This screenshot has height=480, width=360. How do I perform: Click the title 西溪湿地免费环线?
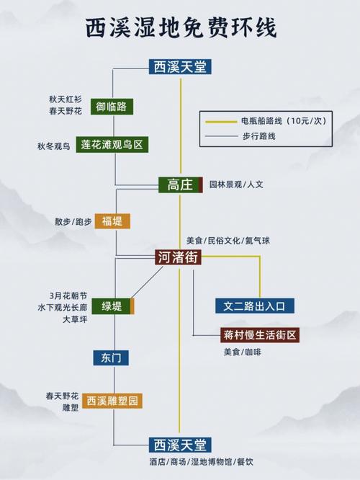tap(181, 27)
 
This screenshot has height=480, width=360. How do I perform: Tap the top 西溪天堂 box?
tap(180, 67)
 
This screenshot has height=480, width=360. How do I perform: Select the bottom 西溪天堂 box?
tap(180, 445)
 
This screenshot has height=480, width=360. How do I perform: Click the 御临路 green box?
tap(112, 107)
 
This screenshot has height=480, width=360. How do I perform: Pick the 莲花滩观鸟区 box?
tap(112, 144)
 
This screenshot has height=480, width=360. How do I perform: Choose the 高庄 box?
tap(181, 185)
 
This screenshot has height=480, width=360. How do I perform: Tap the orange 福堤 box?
tap(112, 221)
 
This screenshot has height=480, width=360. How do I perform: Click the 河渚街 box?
tap(178, 257)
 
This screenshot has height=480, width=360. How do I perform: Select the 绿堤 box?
tap(113, 306)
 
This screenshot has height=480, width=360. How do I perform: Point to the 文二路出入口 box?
tap(255, 306)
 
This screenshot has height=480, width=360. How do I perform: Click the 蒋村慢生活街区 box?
tap(260, 335)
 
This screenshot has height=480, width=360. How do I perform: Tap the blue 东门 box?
tap(111, 358)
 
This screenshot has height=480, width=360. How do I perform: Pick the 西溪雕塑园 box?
tap(112, 401)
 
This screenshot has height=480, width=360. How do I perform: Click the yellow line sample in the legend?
tap(221, 122)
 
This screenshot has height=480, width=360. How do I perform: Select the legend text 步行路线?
tap(259, 136)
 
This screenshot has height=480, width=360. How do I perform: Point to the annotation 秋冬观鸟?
tap(54, 146)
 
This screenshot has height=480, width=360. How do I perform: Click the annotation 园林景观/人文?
tap(236, 185)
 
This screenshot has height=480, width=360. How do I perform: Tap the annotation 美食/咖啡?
tap(242, 352)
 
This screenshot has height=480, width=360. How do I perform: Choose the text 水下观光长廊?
tap(63, 307)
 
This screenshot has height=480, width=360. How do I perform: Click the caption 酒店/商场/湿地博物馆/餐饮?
tap(202, 462)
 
